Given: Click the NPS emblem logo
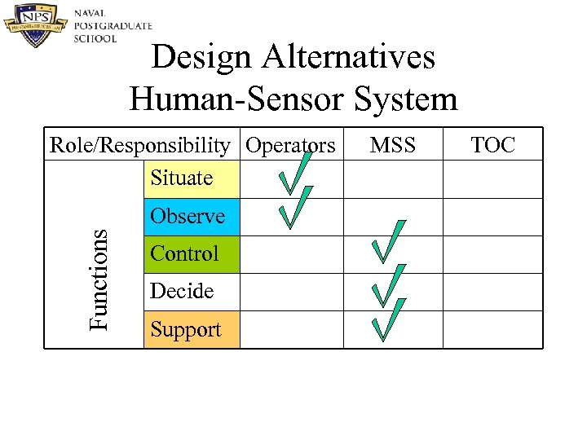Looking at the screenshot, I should [x=36, y=25].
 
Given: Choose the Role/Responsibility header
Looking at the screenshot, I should [x=140, y=145].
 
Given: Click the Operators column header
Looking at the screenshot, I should [x=290, y=145].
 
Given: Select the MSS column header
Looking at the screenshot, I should [x=392, y=145].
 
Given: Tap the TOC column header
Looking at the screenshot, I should [x=492, y=145].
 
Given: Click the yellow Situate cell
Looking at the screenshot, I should [x=191, y=178].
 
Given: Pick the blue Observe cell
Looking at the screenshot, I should [x=191, y=217].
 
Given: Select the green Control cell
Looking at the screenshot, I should [x=191, y=254].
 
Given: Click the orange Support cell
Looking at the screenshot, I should [x=191, y=330].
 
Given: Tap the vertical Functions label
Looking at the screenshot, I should [x=98, y=279].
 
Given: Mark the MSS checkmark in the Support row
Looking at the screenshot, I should [x=388, y=319].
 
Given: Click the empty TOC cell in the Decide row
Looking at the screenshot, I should [x=492, y=292].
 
